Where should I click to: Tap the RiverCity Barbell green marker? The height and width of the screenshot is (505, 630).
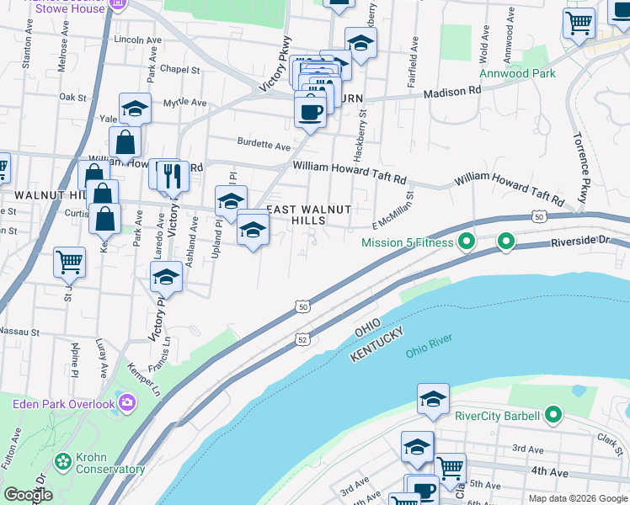coord(553,415)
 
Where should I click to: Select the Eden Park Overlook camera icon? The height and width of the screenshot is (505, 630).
coord(128,404)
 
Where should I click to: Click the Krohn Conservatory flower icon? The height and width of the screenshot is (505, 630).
coord(61,461)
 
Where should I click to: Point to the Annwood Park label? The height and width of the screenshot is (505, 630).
coord(517,73)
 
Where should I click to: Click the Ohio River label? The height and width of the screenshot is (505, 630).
coord(429,345)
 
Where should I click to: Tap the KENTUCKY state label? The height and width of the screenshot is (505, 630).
coord(380,346)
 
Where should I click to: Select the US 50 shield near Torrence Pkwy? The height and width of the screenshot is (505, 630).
coord(539,216)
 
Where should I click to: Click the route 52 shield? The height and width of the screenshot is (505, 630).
coord(302,339)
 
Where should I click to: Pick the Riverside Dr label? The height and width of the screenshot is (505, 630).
coord(579,241)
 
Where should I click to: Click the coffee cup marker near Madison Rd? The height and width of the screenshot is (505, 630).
coord(310,111)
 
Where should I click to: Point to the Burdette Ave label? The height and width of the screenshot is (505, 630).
coord(264,145)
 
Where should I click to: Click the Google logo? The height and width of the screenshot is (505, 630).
coord(28,495)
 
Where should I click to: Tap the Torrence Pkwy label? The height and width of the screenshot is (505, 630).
coord(582,167)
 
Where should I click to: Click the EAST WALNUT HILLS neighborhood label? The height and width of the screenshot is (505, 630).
coord(307,214)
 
